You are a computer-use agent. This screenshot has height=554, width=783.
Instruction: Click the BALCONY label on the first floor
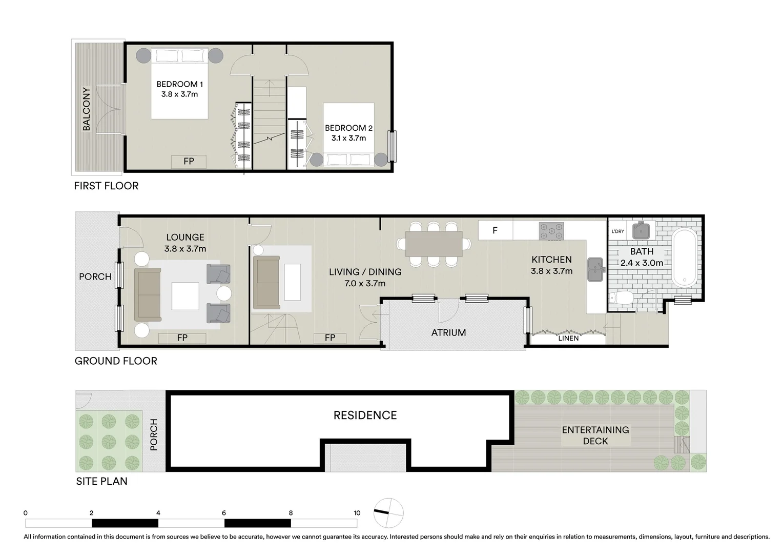86,108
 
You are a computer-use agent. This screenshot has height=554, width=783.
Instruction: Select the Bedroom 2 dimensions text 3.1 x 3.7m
348,138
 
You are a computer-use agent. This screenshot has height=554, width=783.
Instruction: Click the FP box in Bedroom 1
189,162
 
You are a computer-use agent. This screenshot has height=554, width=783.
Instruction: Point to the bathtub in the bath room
685,258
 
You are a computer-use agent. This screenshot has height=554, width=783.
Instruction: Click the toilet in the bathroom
622,299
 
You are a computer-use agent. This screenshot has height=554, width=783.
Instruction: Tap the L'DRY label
618,231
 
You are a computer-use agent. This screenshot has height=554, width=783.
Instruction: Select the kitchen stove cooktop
551,231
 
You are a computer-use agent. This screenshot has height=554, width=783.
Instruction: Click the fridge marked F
495,230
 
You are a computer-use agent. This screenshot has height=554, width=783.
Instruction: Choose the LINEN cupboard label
568,339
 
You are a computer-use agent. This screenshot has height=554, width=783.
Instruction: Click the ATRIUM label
448,332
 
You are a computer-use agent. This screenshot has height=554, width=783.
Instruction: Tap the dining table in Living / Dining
433,244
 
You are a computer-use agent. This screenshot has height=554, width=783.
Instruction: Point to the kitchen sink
594,269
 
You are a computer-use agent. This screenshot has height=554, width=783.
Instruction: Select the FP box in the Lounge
182,338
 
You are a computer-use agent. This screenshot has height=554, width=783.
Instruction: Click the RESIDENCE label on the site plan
365,415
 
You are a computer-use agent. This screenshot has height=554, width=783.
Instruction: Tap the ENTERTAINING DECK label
595,435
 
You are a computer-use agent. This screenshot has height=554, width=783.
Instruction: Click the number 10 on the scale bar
357,513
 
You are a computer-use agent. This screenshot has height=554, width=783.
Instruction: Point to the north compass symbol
388,512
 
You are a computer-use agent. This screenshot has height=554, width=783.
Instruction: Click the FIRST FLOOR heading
106,186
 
